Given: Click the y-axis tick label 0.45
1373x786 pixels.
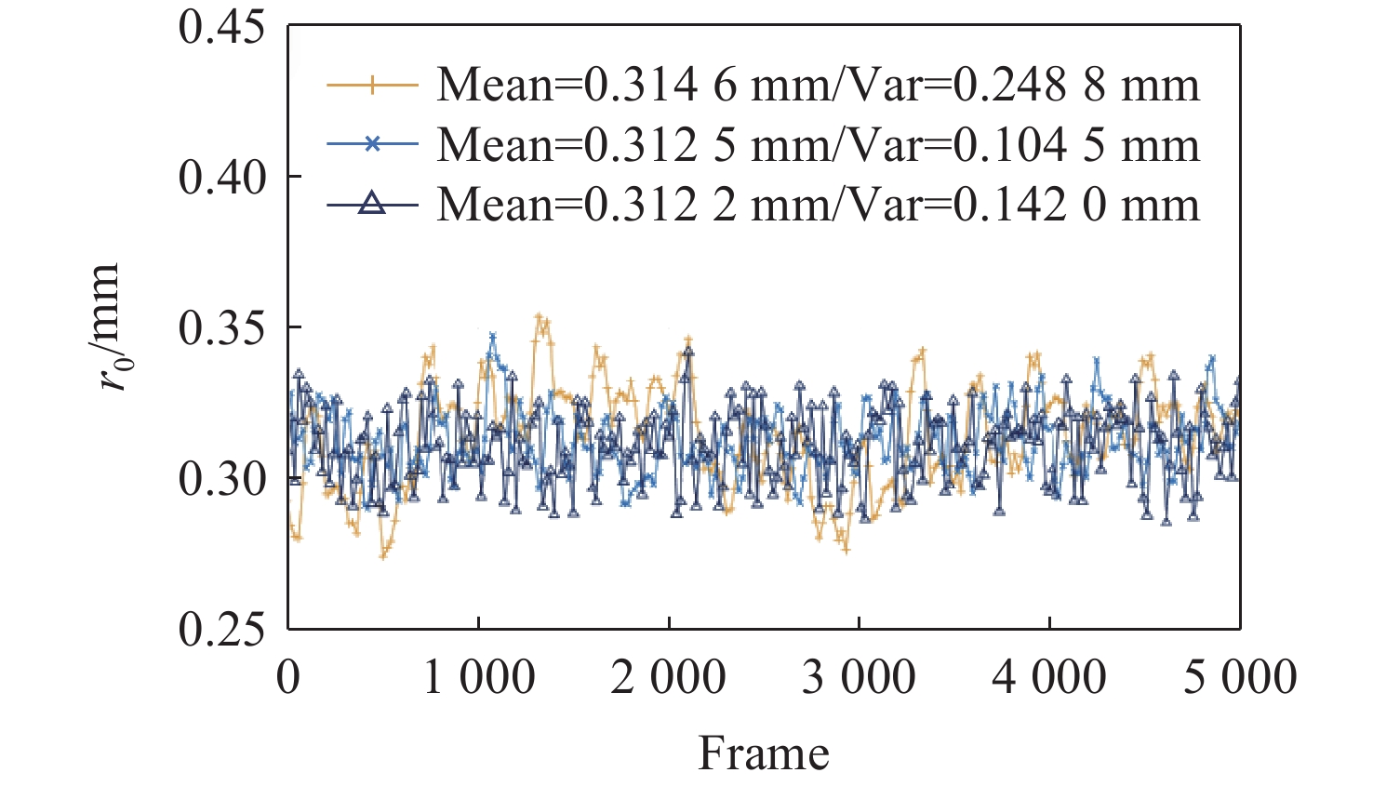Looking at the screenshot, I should [x=221, y=27].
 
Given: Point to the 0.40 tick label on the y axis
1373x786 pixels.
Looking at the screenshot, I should [x=221, y=177].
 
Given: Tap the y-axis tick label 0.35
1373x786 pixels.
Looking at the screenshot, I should [x=221, y=327].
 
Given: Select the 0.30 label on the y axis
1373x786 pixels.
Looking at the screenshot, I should [x=221, y=478].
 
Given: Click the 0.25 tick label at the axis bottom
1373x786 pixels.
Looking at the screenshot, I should [x=221, y=629].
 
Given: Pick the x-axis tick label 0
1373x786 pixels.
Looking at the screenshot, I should [x=288, y=677].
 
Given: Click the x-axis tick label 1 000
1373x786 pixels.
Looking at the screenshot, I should [x=479, y=677].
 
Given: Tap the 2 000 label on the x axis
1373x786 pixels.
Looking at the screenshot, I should [x=669, y=677].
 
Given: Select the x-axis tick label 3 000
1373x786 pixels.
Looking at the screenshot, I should [x=859, y=677].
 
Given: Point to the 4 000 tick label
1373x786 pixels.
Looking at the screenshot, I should [x=1049, y=677].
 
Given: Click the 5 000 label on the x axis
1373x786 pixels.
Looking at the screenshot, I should [x=1240, y=677].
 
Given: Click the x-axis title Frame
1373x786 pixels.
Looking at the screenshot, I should [x=764, y=753].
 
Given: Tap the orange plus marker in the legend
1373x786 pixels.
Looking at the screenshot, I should [x=372, y=86].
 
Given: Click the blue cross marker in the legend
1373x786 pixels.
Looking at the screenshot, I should [x=372, y=144].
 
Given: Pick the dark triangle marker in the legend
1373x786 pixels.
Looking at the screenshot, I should [x=372, y=204].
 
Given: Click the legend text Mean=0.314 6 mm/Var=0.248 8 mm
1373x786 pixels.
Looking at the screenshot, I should [x=818, y=86].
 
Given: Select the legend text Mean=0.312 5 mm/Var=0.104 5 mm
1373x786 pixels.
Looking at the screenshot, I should [x=818, y=145].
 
